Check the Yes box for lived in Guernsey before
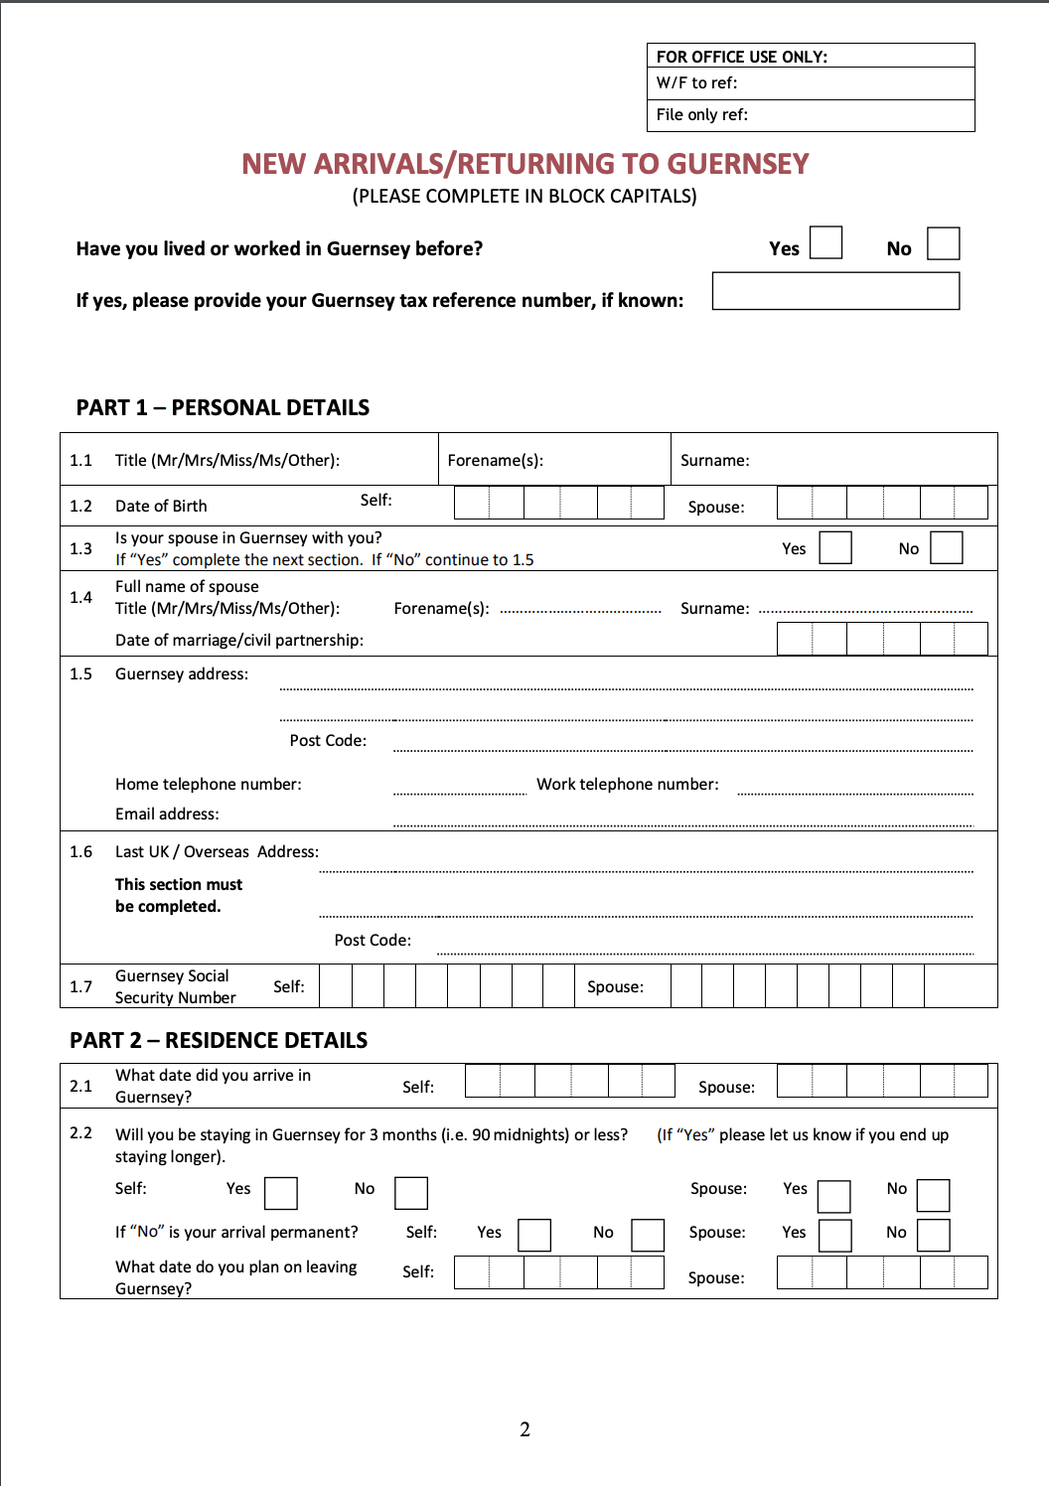pos(825,242)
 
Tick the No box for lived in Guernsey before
pos(943,243)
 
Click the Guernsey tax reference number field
pos(835,291)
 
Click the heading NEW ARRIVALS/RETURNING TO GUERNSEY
pos(524,164)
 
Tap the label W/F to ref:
pos(696,83)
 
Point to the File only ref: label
pos(701,115)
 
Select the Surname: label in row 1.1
pos(714,461)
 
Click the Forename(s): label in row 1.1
pos(495,461)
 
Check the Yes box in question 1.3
pos(835,547)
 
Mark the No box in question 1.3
pos(947,547)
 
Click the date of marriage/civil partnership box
pos(881,639)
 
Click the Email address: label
pos(167,815)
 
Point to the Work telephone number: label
pos(627,785)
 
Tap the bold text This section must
pos(179,885)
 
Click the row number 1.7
pos(80,987)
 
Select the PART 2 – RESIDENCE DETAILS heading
pos(219,1041)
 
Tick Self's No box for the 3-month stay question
pos(411,1193)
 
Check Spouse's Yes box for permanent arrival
pos(834,1236)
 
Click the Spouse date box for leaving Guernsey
pos(881,1272)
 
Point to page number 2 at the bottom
pos(524,1430)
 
